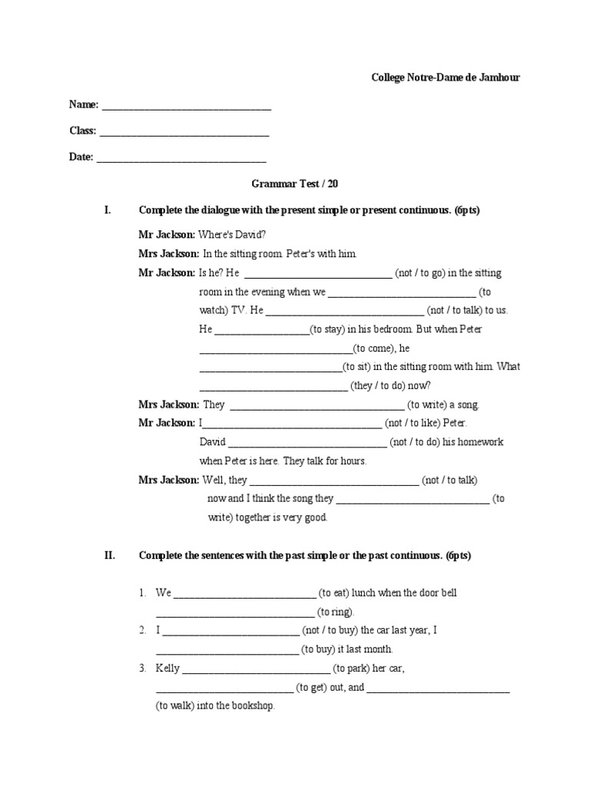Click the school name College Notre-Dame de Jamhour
tap(446, 78)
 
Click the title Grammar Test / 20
tap(295, 183)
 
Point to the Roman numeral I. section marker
tap(108, 210)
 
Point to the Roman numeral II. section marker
tap(110, 556)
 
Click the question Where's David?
tap(233, 234)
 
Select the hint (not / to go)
tap(419, 272)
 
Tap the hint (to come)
tap(370, 348)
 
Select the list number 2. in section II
tap(143, 630)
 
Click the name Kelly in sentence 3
tap(167, 668)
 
